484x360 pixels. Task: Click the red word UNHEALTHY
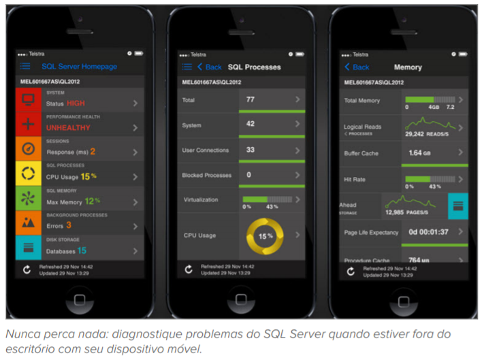point(68,127)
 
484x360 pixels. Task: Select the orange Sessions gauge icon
point(29,148)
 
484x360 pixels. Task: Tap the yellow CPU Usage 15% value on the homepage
point(90,176)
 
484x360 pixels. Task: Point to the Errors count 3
point(69,225)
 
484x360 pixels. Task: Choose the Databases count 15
point(81,250)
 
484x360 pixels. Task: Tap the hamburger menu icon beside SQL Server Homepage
point(25,67)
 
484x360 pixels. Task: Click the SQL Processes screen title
point(254,67)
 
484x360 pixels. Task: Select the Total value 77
point(250,99)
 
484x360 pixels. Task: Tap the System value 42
point(250,124)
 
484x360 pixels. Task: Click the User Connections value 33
point(250,150)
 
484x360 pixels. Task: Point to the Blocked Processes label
point(207,175)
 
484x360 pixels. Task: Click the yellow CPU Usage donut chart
point(264,235)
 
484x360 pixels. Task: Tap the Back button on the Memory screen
point(357,67)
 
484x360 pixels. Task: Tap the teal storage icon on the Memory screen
point(457,205)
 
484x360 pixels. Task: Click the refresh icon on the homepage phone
point(26,269)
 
